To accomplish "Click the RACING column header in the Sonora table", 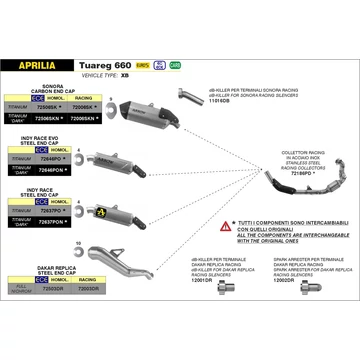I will point(83,99).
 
